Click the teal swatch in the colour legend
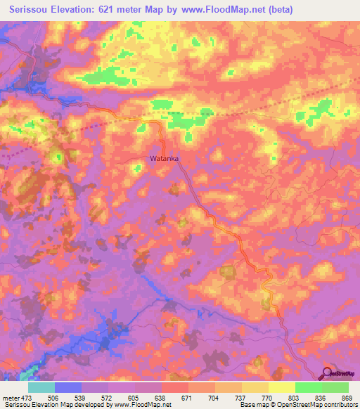point(41,387)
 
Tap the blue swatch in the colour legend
point(68,387)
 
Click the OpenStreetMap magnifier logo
point(328,372)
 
